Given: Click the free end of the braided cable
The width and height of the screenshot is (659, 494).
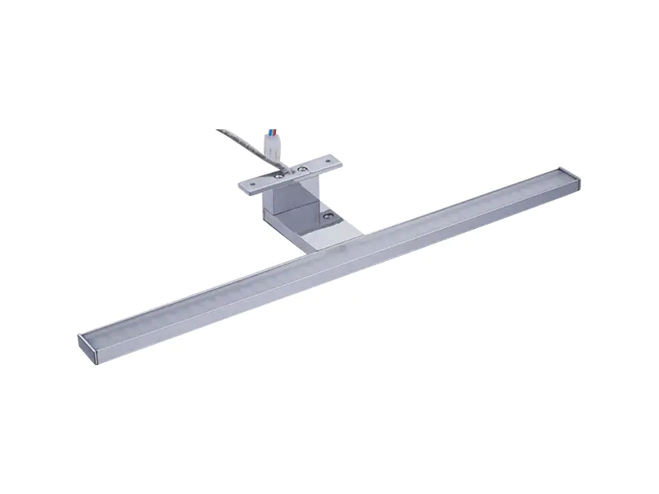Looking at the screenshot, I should (220, 130).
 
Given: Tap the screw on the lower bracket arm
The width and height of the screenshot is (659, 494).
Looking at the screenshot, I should (329, 217).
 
